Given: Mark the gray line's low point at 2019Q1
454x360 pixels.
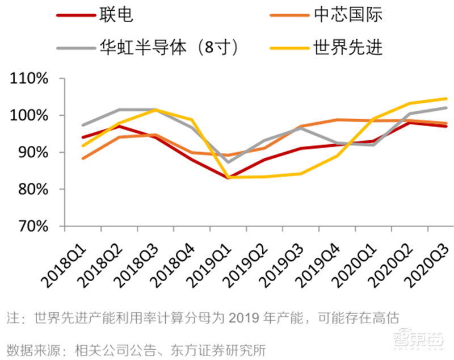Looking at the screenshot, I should click(x=228, y=162).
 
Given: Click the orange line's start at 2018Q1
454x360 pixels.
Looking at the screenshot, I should click(x=83, y=158).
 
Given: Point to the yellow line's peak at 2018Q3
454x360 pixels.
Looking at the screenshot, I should click(x=155, y=110).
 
